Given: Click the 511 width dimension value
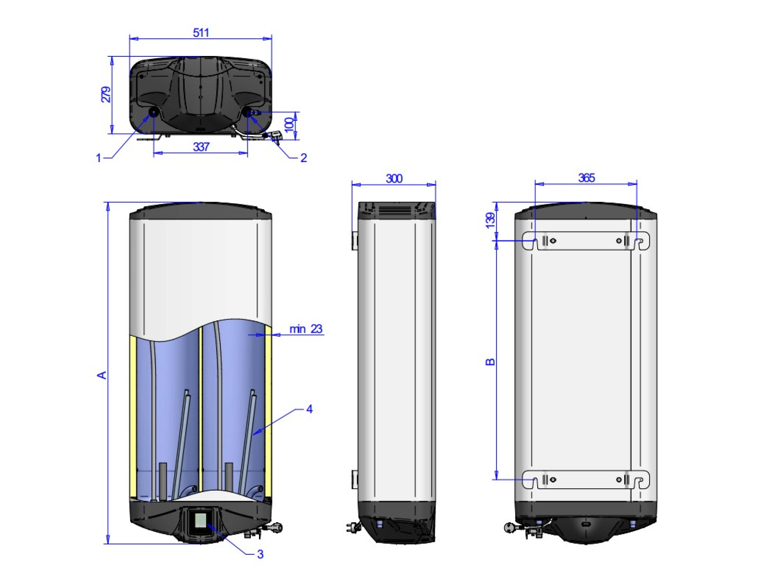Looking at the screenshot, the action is (x=201, y=33).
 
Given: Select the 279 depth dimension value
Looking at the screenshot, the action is (x=106, y=95).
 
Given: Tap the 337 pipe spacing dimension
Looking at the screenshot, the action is (x=201, y=147).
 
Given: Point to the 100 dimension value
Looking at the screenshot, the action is (x=289, y=125).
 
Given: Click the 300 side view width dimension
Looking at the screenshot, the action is (x=394, y=179).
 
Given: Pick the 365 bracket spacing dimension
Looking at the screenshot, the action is (x=586, y=178).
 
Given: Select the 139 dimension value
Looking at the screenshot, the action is (x=490, y=220).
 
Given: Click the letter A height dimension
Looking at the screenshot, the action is (x=102, y=375).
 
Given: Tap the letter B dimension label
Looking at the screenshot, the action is (x=490, y=362).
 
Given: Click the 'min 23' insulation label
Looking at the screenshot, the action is (x=306, y=329).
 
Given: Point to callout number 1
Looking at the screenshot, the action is (x=98, y=158).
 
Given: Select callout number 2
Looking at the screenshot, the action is (x=304, y=158).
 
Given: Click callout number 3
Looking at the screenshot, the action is (x=260, y=554).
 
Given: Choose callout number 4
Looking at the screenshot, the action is (x=309, y=409).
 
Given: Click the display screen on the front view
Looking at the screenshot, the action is (x=201, y=520).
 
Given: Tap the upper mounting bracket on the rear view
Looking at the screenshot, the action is (x=586, y=241).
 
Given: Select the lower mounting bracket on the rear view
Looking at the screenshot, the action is (x=586, y=480).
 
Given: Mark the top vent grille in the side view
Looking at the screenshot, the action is (x=394, y=210).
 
